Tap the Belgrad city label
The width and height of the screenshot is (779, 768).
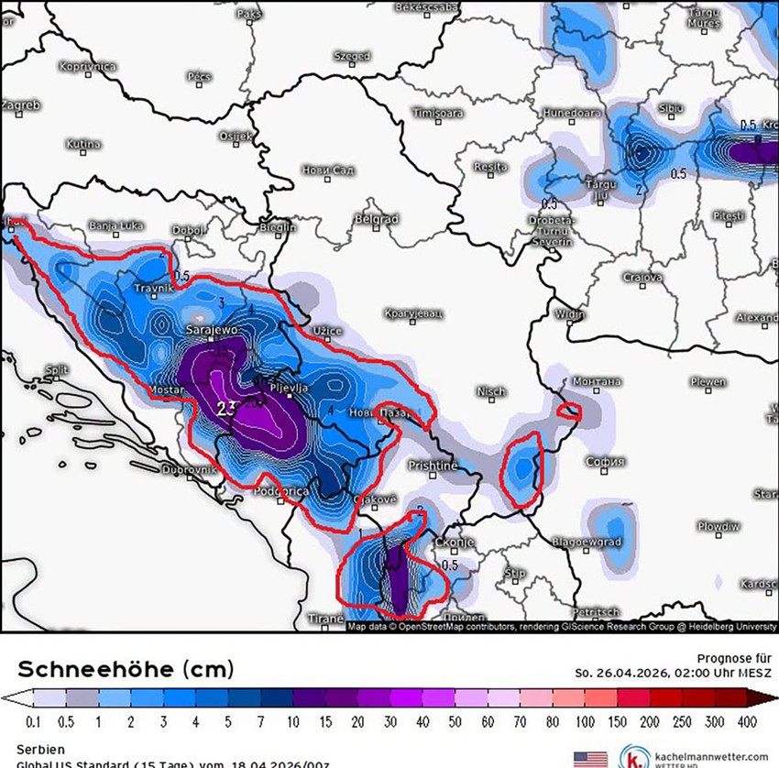point(378,220)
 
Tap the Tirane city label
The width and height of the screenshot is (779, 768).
point(325,619)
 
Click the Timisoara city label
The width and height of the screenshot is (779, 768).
point(437,114)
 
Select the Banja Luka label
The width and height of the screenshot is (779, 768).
point(116,225)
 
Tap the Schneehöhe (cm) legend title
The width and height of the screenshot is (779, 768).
point(126,667)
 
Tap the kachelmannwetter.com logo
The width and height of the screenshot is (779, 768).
point(697,758)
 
